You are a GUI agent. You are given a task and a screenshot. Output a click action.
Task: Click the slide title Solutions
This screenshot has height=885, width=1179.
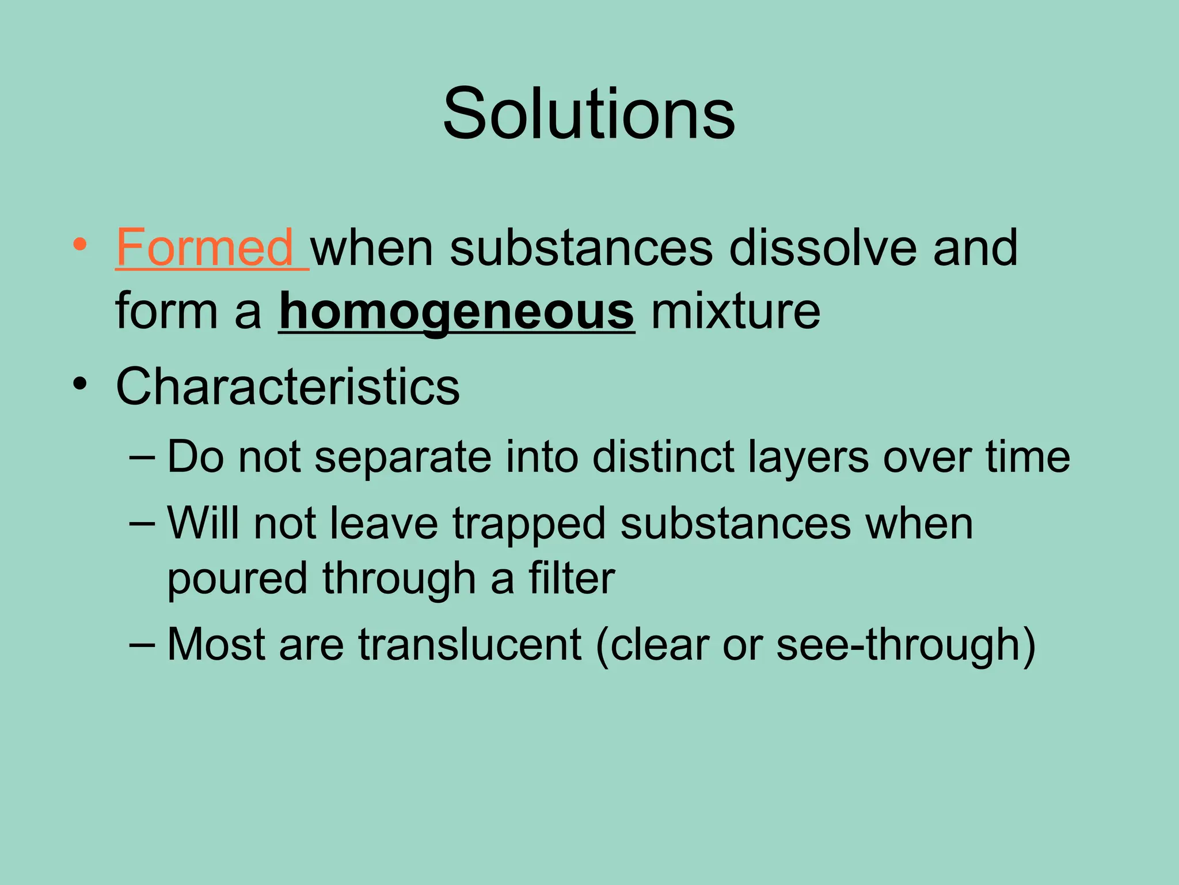click(x=589, y=113)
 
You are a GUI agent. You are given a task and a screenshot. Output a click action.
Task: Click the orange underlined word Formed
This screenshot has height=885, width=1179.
click(x=206, y=248)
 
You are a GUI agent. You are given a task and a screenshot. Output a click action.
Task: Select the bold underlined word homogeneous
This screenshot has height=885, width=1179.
click(x=457, y=312)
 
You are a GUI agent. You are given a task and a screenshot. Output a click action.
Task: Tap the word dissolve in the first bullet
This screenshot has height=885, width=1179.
click(x=823, y=248)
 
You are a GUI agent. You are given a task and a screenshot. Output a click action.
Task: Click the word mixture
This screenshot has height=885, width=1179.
click(x=735, y=312)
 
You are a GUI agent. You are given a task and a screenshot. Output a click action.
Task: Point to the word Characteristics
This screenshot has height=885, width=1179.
click(x=288, y=386)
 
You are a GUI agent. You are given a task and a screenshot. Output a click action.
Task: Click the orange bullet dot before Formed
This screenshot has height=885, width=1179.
click(x=80, y=245)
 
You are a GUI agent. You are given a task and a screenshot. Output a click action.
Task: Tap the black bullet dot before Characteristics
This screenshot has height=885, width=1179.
click(x=80, y=383)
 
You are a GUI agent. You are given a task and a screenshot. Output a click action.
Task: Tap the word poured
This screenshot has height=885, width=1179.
click(x=237, y=580)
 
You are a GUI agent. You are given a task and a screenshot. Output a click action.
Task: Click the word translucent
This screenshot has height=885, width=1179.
click(x=470, y=644)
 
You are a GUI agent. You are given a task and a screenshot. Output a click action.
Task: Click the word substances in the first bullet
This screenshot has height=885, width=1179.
click(x=581, y=248)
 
